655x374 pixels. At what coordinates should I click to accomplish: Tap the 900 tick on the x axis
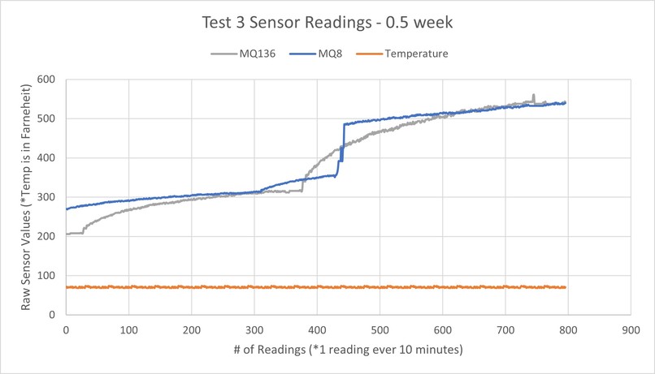click(631, 330)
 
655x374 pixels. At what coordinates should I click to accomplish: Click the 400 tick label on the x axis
click(317, 330)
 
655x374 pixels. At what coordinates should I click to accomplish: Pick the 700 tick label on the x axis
click(505, 330)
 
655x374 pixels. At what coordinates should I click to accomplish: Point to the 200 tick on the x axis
click(192, 330)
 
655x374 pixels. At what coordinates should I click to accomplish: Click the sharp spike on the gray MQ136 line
click(533, 96)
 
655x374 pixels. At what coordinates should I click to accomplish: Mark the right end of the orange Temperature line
click(565, 287)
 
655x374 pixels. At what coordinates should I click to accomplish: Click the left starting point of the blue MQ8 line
click(67, 209)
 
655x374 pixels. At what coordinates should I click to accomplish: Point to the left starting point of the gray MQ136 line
click(67, 234)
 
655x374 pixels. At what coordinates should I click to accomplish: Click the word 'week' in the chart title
click(435, 23)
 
